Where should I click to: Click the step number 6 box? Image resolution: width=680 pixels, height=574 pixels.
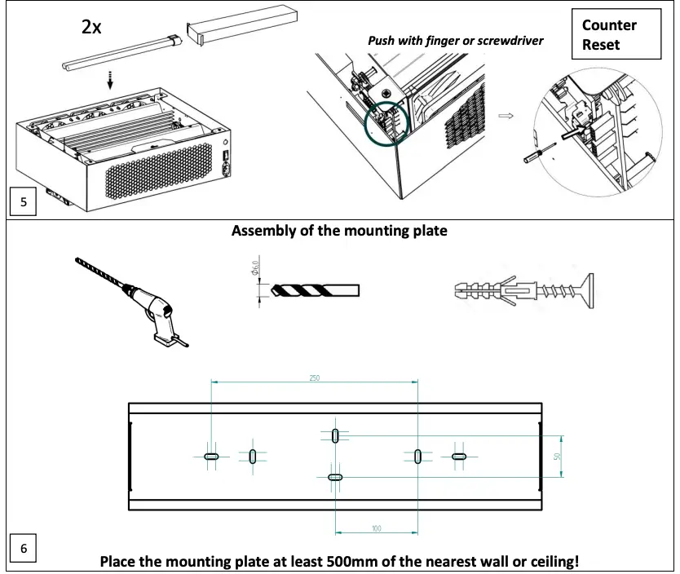click(x=22, y=549)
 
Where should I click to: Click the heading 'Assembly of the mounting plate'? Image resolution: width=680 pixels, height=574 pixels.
click(x=339, y=231)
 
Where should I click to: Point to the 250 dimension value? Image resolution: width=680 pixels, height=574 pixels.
click(x=315, y=378)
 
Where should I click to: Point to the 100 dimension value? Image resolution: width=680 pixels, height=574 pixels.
click(x=376, y=528)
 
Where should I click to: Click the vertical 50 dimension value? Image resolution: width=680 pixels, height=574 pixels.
click(x=558, y=457)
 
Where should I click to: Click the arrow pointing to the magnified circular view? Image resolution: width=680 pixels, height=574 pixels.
click(x=506, y=116)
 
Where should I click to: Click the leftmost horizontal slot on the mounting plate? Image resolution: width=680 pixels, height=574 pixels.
click(x=211, y=457)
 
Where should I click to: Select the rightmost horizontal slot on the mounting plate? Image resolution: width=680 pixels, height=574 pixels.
click(x=459, y=457)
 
